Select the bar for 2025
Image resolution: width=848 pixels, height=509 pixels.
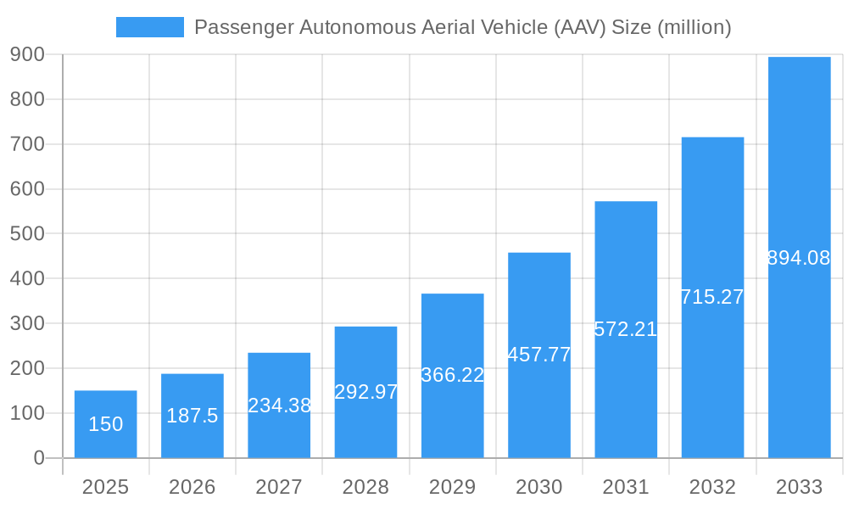pyautogui.click(x=105, y=424)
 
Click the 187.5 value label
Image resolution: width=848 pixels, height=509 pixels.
pyautogui.click(x=192, y=416)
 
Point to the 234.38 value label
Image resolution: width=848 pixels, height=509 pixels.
pyautogui.click(x=279, y=406)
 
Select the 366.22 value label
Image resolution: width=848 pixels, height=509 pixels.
pyautogui.click(x=453, y=375)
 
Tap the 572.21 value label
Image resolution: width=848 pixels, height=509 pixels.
pyautogui.click(x=626, y=329)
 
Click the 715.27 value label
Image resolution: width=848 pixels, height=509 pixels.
pyautogui.click(x=712, y=297)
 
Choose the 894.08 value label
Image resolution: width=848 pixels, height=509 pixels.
pyautogui.click(x=799, y=258)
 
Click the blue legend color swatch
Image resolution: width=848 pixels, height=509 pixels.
pyautogui.click(x=149, y=27)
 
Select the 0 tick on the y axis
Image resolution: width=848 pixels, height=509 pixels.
pyautogui.click(x=39, y=458)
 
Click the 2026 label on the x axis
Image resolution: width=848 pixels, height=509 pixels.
pyautogui.click(x=192, y=487)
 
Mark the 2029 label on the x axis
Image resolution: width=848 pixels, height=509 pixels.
pyautogui.click(x=453, y=487)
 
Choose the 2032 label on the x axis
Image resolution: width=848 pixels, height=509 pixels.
pyautogui.click(x=712, y=487)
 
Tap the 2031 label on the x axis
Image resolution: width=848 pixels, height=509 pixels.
pyautogui.click(x=626, y=487)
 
